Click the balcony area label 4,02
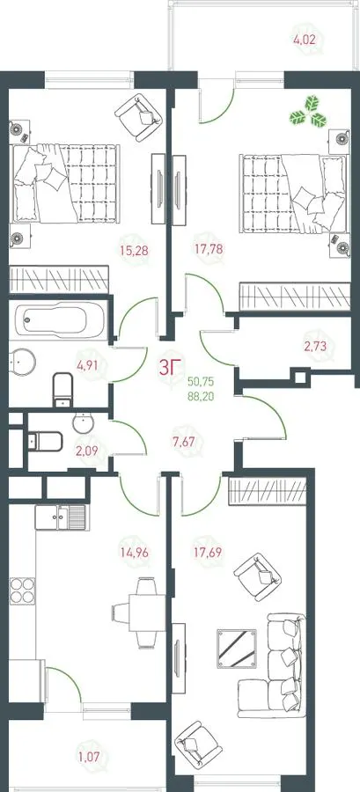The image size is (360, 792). (304, 39)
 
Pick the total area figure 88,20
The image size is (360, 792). (201, 397)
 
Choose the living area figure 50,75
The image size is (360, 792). (201, 382)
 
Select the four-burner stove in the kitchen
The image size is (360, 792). (23, 590)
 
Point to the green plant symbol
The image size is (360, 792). (307, 112)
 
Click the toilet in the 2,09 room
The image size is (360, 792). (45, 442)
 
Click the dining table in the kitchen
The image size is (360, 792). (147, 612)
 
